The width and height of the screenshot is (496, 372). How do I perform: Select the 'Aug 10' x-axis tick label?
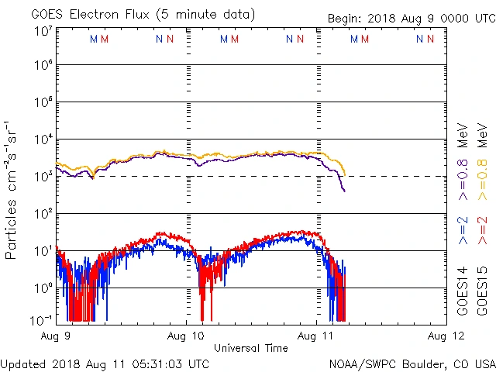(x=187, y=337)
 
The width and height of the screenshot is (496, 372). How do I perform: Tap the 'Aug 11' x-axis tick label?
(x=318, y=337)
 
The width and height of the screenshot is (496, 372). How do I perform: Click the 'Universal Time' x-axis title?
(x=251, y=349)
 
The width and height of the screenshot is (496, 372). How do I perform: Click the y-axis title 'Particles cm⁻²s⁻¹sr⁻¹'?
(x=12, y=189)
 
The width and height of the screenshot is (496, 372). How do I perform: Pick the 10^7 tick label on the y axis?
(x=43, y=31)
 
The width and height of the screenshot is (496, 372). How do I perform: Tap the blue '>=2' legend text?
(x=463, y=230)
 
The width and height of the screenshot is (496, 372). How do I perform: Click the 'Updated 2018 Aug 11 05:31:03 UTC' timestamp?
(x=105, y=363)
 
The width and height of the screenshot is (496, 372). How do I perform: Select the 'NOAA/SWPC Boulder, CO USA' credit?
(x=412, y=363)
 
